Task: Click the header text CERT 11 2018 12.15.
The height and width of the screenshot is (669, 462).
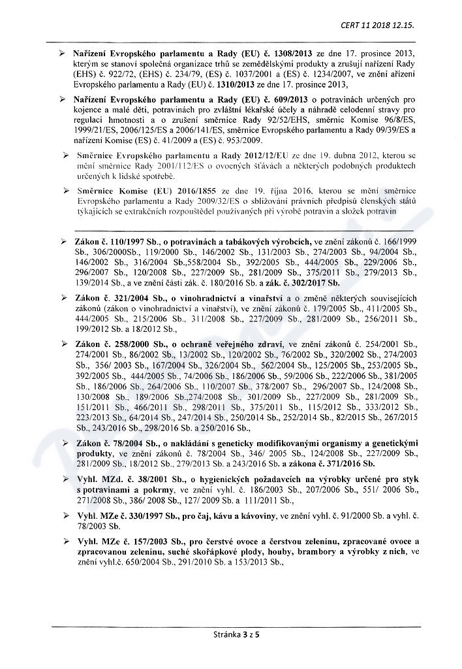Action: coord(377,25)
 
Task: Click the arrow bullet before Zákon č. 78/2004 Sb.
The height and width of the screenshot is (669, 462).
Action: coord(68,443)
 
